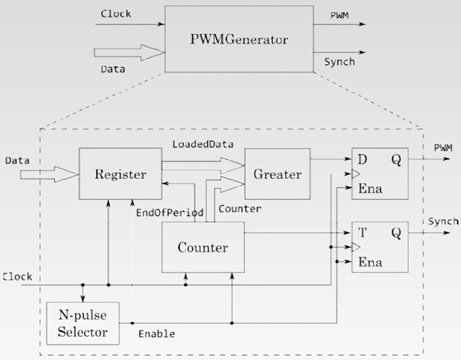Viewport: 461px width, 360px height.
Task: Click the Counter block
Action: pyautogui.click(x=203, y=246)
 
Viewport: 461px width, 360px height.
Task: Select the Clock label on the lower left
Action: pyautogui.click(x=19, y=275)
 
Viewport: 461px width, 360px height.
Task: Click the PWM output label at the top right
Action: pyautogui.click(x=338, y=15)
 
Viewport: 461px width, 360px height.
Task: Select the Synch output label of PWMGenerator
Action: pyautogui.click(x=341, y=62)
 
